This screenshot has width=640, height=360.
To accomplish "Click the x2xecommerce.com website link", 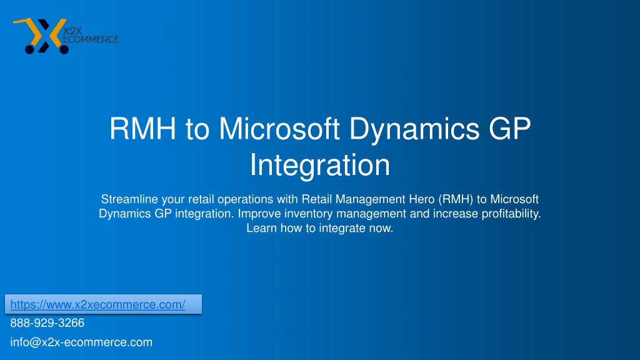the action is point(97,304).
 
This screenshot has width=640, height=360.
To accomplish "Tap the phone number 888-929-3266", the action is point(47,323).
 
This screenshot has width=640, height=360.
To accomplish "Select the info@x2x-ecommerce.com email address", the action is point(81,342).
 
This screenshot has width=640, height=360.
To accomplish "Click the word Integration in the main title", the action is point(320,165).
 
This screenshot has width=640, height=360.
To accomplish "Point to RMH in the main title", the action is point(142,129).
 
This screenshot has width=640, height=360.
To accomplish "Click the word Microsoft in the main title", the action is point(279,129).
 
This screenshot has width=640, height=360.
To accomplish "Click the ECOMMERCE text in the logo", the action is point(90,39).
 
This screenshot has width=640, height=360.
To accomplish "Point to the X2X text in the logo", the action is point(72,31).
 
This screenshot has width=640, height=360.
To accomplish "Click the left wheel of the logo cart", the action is point(30,49).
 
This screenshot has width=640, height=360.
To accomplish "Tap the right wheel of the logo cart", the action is point(64,49).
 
